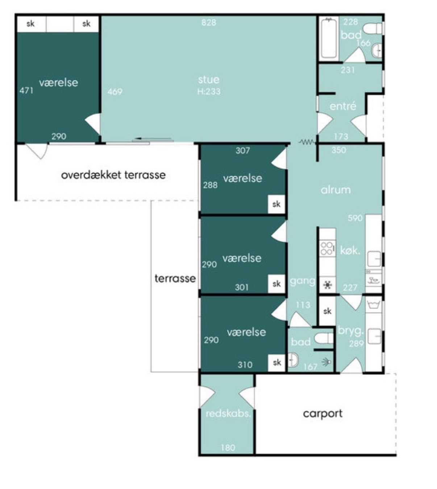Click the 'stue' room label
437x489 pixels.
click(209, 80)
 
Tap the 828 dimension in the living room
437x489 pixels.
click(209, 23)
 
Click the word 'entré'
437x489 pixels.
click(343, 106)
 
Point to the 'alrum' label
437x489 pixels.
click(336, 190)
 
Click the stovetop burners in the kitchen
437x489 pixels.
click(328, 248)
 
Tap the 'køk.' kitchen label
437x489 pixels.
click(350, 251)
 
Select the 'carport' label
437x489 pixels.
click(323, 414)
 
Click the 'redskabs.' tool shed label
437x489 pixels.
click(228, 414)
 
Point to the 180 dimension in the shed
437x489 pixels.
click(228, 448)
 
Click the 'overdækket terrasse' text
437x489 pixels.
click(113, 175)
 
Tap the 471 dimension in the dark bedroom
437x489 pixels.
click(26, 91)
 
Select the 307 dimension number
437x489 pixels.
click(243, 151)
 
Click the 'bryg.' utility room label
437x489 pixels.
click(351, 331)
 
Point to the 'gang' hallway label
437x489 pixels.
click(303, 282)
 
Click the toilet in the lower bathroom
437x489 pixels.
click(324, 338)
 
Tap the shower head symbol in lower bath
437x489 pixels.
click(327, 362)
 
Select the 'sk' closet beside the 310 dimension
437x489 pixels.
click(277, 362)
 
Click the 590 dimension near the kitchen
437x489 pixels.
click(355, 218)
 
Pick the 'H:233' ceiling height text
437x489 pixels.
click(209, 91)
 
